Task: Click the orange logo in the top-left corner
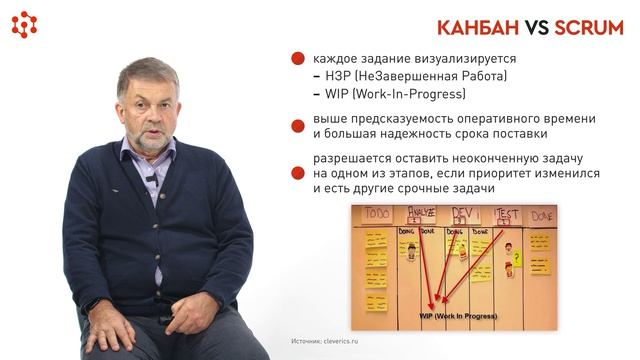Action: click(24, 24)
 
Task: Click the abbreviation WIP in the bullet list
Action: click(338, 94)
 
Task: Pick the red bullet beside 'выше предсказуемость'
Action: click(298, 124)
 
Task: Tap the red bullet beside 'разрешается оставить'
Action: click(298, 172)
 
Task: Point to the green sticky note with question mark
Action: click(516, 259)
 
